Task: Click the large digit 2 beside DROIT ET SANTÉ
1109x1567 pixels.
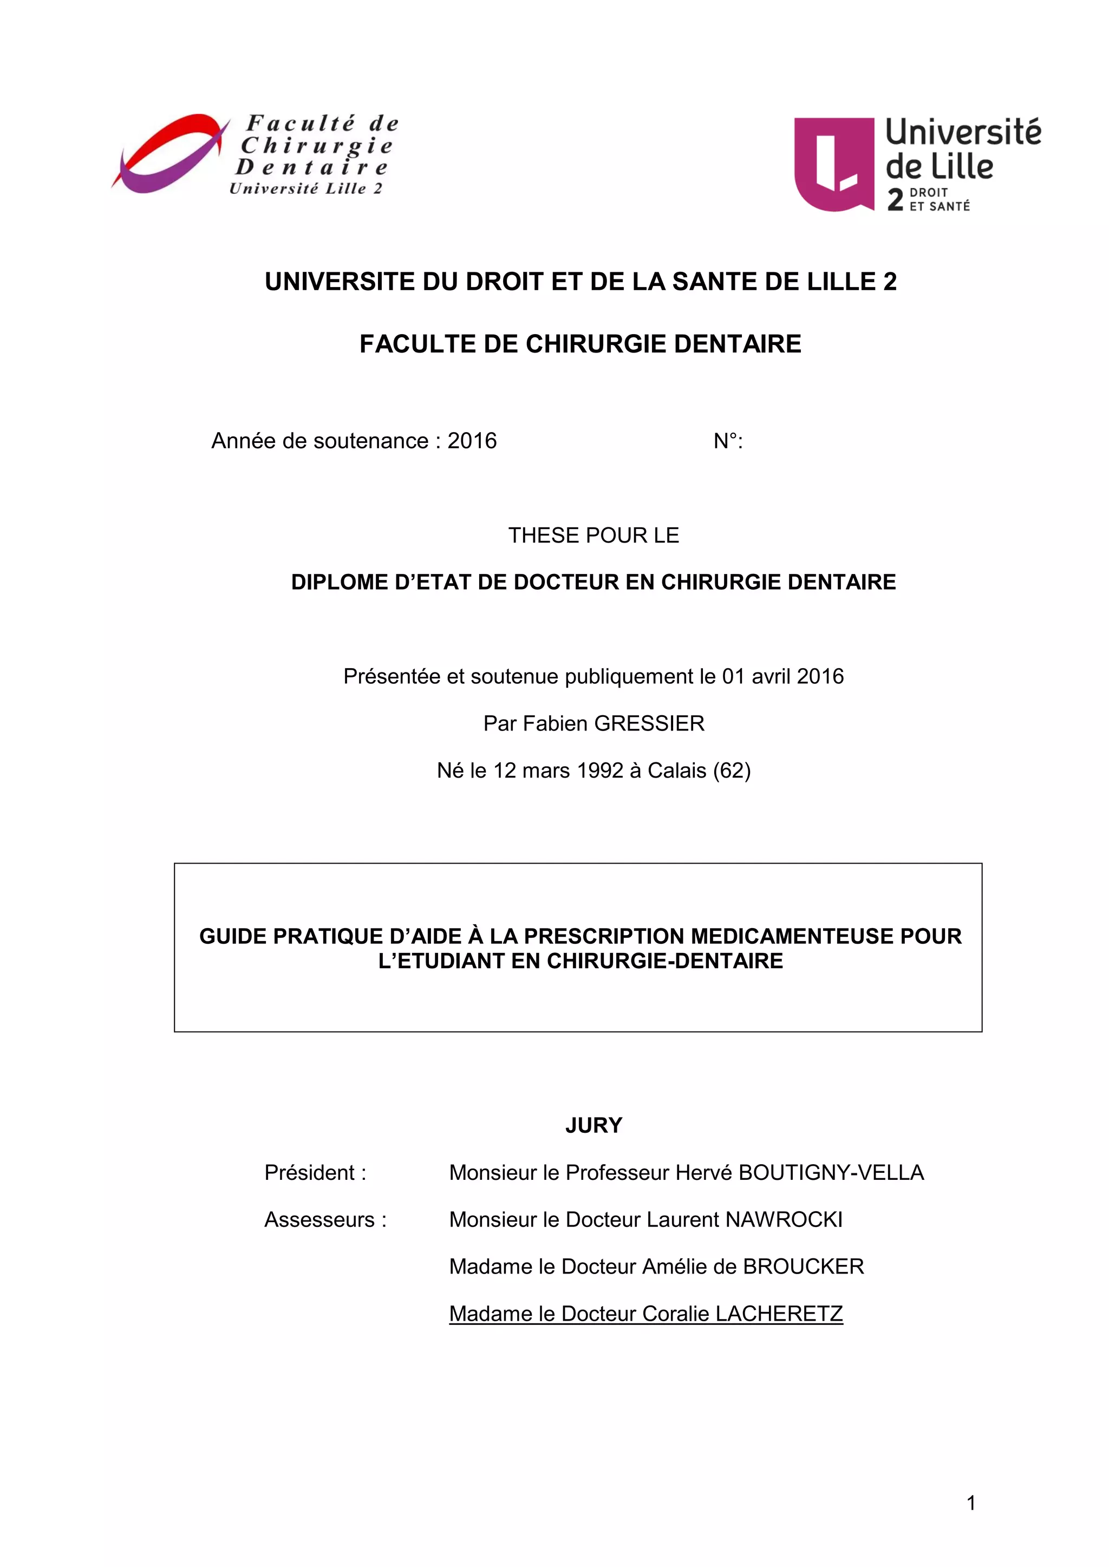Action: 895,199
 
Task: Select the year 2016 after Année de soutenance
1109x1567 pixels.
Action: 472,441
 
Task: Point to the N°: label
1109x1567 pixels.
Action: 728,442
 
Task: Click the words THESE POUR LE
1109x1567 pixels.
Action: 593,536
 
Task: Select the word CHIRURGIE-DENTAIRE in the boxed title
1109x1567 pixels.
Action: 664,961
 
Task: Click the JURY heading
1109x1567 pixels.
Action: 593,1125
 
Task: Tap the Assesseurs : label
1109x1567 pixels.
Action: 325,1220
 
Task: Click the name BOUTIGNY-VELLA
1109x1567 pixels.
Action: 831,1173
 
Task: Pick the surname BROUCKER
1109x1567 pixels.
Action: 803,1267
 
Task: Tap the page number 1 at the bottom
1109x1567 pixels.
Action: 971,1503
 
